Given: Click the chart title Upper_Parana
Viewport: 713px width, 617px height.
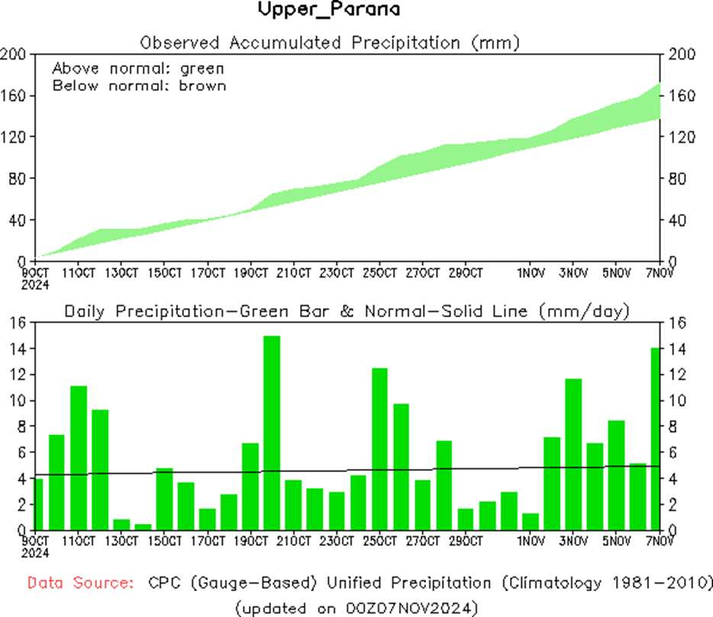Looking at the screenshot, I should pos(328,10).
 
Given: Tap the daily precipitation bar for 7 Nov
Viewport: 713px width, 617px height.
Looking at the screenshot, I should pos(655,439).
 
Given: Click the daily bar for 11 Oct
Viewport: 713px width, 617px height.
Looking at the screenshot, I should pos(79,458).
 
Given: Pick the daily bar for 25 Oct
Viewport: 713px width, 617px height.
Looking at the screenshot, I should pos(379,448).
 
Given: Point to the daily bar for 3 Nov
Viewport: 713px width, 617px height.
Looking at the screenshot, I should pos(573,454).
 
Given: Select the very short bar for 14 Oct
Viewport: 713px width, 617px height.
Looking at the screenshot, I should pos(143,526).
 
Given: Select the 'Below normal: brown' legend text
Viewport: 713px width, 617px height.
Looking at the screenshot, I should pos(139,85).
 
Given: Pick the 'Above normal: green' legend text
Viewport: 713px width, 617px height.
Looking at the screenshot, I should pos(138,69).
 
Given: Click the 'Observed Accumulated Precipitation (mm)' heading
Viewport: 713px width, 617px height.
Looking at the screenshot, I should pos(330,42).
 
